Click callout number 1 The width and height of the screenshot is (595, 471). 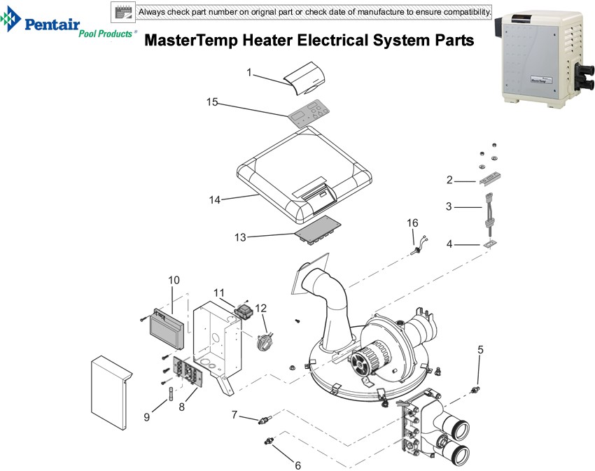(x=249, y=73)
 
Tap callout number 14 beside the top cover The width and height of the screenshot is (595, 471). (x=215, y=200)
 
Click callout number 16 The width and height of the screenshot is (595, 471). (x=413, y=223)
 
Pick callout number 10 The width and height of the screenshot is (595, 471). (x=174, y=280)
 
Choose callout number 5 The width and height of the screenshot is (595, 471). (x=480, y=349)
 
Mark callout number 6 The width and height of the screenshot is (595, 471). (x=297, y=465)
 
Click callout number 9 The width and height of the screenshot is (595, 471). (x=147, y=417)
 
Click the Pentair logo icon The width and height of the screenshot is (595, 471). (x=13, y=22)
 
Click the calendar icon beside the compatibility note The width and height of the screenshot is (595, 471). (x=124, y=12)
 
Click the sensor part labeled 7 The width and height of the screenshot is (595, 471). (x=264, y=420)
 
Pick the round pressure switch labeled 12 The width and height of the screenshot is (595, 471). (x=264, y=342)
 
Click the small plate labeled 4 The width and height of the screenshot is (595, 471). (x=489, y=244)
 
